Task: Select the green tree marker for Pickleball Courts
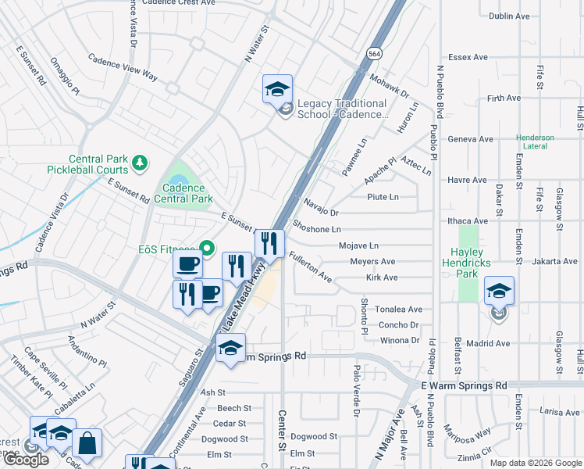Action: (x=140, y=162)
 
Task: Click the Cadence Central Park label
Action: (x=183, y=193)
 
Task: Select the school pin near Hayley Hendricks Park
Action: (x=499, y=292)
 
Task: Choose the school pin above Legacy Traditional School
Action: (x=277, y=90)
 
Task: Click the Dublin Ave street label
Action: (x=508, y=16)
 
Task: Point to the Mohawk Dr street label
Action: (x=389, y=86)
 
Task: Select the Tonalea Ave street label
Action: (x=398, y=310)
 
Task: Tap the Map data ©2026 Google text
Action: (x=534, y=463)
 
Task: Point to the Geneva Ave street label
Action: (x=470, y=139)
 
